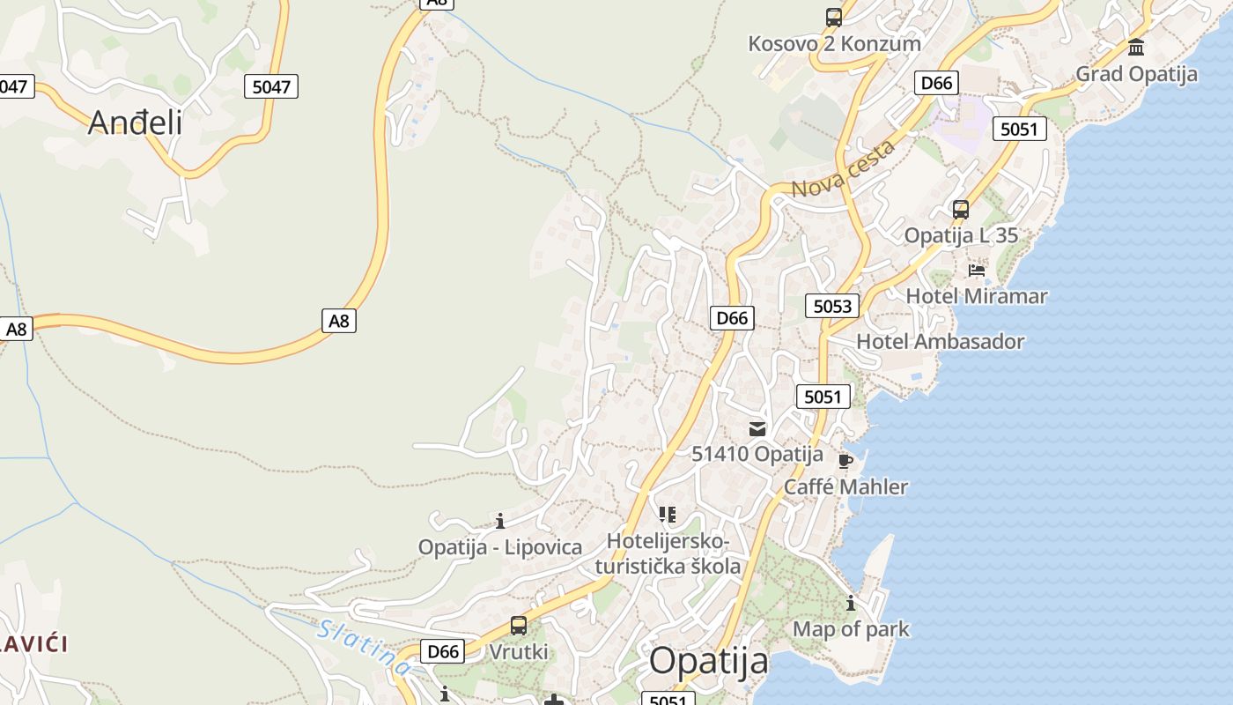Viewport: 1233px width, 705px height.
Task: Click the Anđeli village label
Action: click(135, 122)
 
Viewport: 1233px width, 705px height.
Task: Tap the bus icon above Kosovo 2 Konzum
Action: click(833, 17)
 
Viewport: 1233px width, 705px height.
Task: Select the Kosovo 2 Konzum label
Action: click(834, 43)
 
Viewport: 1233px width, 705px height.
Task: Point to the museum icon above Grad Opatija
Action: click(1136, 47)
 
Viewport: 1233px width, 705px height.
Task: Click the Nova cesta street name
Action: click(843, 169)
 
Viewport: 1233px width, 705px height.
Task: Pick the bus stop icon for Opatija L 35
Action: click(960, 210)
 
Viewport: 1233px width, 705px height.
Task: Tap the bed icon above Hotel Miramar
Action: click(976, 270)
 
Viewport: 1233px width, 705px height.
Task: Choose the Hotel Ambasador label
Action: click(940, 341)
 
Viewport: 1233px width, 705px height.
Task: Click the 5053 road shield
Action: click(831, 306)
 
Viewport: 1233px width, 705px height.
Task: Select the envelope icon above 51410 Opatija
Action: click(757, 429)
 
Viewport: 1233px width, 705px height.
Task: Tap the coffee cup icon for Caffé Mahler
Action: click(845, 461)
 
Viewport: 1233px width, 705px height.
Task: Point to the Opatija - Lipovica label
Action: click(499, 547)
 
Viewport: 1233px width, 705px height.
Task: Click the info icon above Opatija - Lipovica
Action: click(499, 521)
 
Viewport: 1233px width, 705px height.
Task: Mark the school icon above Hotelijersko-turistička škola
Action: click(667, 514)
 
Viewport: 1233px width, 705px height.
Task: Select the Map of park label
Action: click(851, 629)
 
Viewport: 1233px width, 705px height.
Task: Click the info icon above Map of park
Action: click(850, 604)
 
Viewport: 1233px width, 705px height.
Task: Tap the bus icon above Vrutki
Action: click(518, 626)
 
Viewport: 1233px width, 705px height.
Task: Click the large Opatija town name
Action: click(708, 661)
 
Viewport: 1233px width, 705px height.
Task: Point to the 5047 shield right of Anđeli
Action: click(270, 86)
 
